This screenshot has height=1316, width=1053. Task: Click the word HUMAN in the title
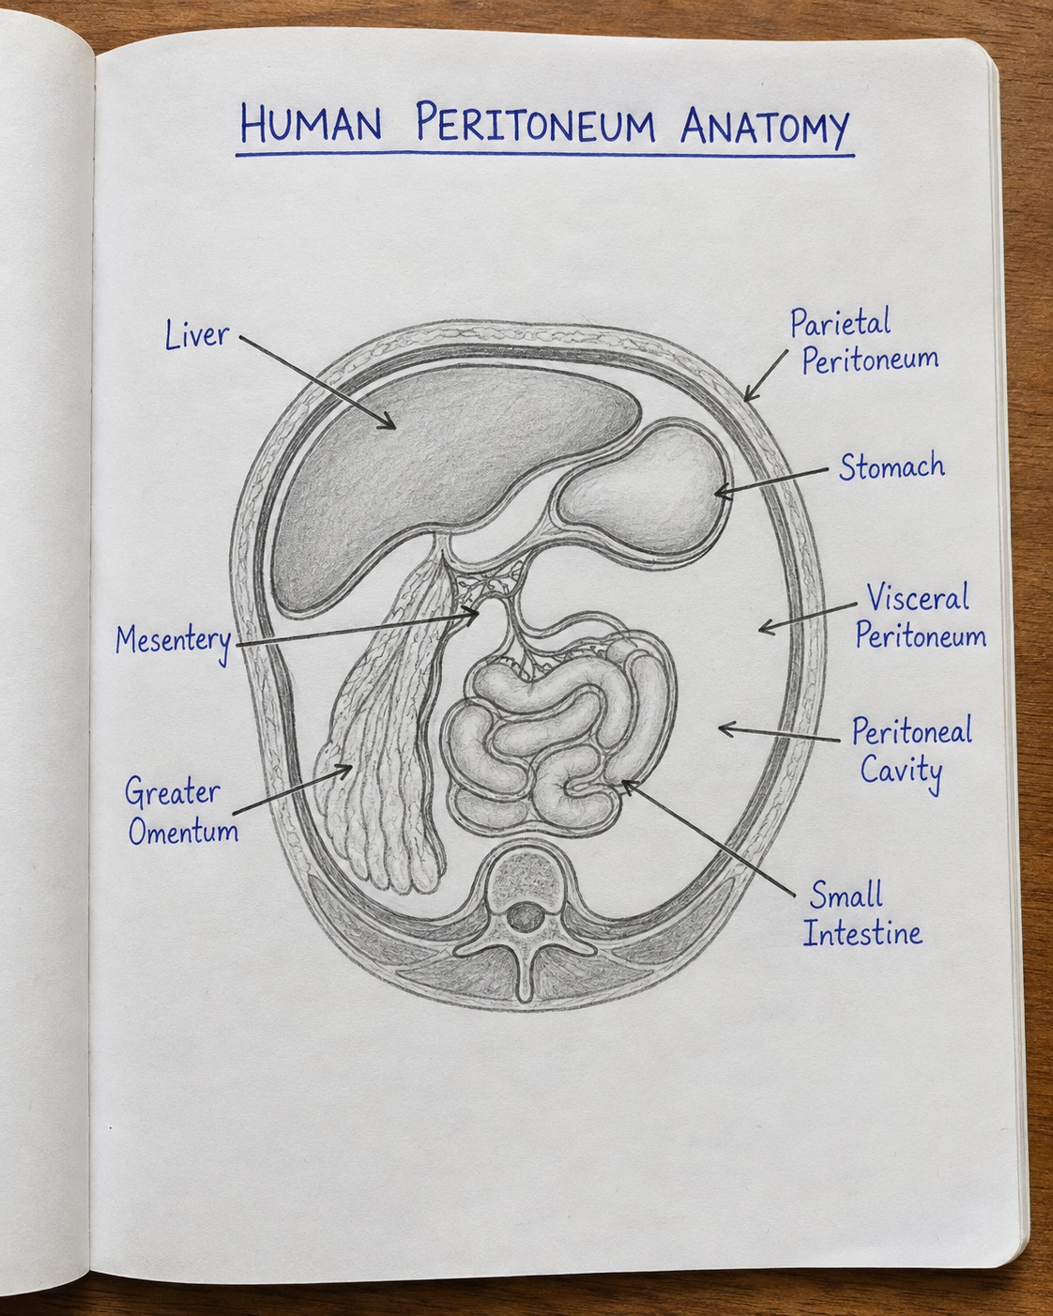pyautogui.click(x=311, y=123)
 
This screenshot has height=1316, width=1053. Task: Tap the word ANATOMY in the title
pyautogui.click(x=764, y=128)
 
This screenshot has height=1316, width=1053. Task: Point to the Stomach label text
pyautogui.click(x=892, y=467)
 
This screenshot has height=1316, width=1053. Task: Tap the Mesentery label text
pyautogui.click(x=174, y=642)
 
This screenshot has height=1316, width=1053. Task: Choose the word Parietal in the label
pyautogui.click(x=840, y=322)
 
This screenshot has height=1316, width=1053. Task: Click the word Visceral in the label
pyautogui.click(x=917, y=597)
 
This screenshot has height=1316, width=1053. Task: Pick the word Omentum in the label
pyautogui.click(x=183, y=831)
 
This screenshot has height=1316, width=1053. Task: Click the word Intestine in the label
pyautogui.click(x=862, y=934)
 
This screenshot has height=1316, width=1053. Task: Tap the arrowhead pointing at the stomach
pyautogui.click(x=721, y=492)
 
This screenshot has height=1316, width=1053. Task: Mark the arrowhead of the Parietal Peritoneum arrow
pyautogui.click(x=749, y=396)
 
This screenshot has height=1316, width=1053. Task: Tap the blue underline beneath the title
pyautogui.click(x=545, y=155)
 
